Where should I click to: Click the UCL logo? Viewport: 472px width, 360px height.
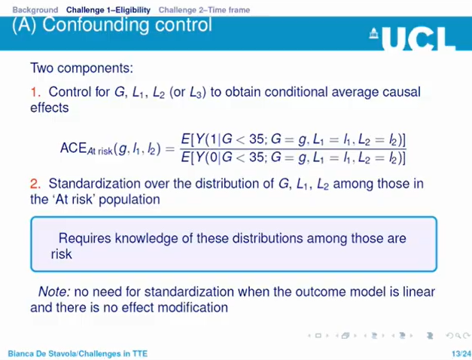[413, 38]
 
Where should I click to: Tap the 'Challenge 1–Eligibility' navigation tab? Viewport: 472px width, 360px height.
[108, 10]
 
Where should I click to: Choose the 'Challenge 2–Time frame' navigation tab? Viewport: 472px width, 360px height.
[204, 10]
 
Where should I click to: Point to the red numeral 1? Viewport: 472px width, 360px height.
[34, 93]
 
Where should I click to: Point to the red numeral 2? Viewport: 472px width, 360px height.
[34, 184]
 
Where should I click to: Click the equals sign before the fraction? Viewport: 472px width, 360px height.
[172, 148]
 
